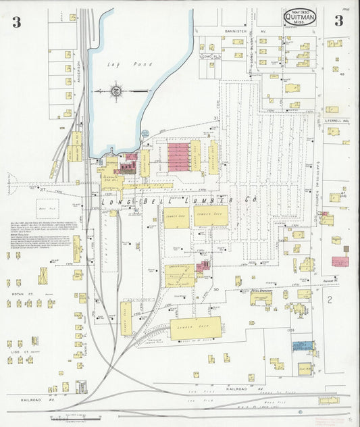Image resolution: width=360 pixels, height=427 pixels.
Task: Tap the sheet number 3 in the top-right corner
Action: [x=338, y=20]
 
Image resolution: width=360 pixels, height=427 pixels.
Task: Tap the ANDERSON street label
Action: [x=79, y=73]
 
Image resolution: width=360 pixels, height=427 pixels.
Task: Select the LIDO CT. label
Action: [x=18, y=351]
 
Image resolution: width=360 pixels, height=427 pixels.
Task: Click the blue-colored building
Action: [x=301, y=346]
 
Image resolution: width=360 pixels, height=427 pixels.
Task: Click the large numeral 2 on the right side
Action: [x=330, y=298]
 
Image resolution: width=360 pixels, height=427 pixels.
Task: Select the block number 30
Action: [x=217, y=289]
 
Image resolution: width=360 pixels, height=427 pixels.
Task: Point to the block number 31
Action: [x=216, y=118]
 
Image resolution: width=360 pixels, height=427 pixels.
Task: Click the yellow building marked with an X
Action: [x=43, y=276]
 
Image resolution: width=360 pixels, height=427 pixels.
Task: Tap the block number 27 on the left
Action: [x=41, y=191]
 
